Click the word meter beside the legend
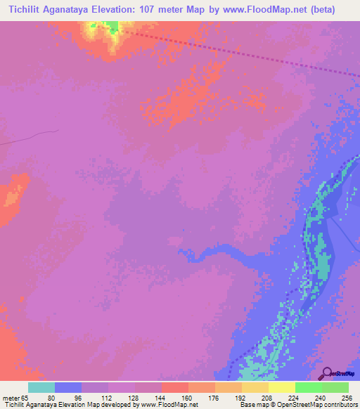click(x=11, y=398)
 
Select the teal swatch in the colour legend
click(x=41, y=387)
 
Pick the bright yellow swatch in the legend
click(x=281, y=387)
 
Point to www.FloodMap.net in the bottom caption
click(x=169, y=405)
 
